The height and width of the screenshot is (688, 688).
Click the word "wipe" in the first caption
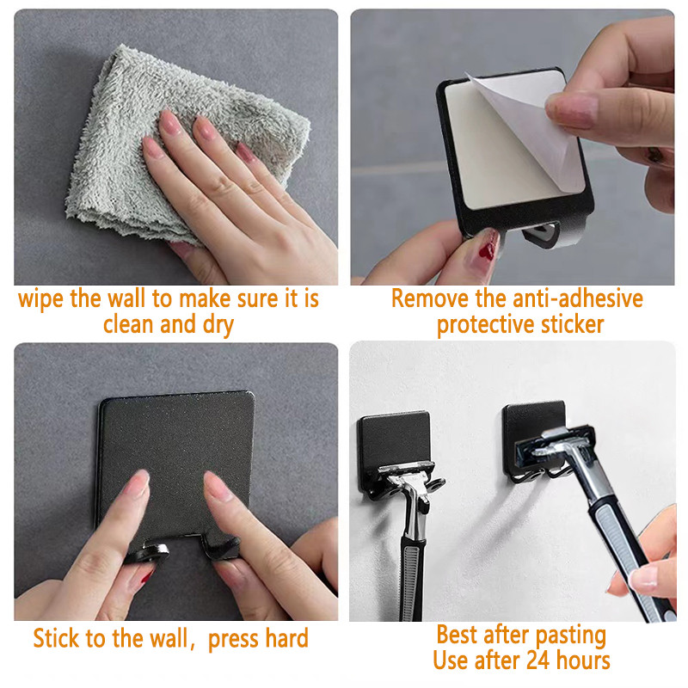(40, 298)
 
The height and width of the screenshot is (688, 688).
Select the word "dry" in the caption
(218, 325)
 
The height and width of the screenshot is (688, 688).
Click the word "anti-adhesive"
(578, 298)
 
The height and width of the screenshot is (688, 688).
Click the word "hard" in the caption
(286, 638)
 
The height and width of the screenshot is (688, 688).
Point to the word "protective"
(486, 325)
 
